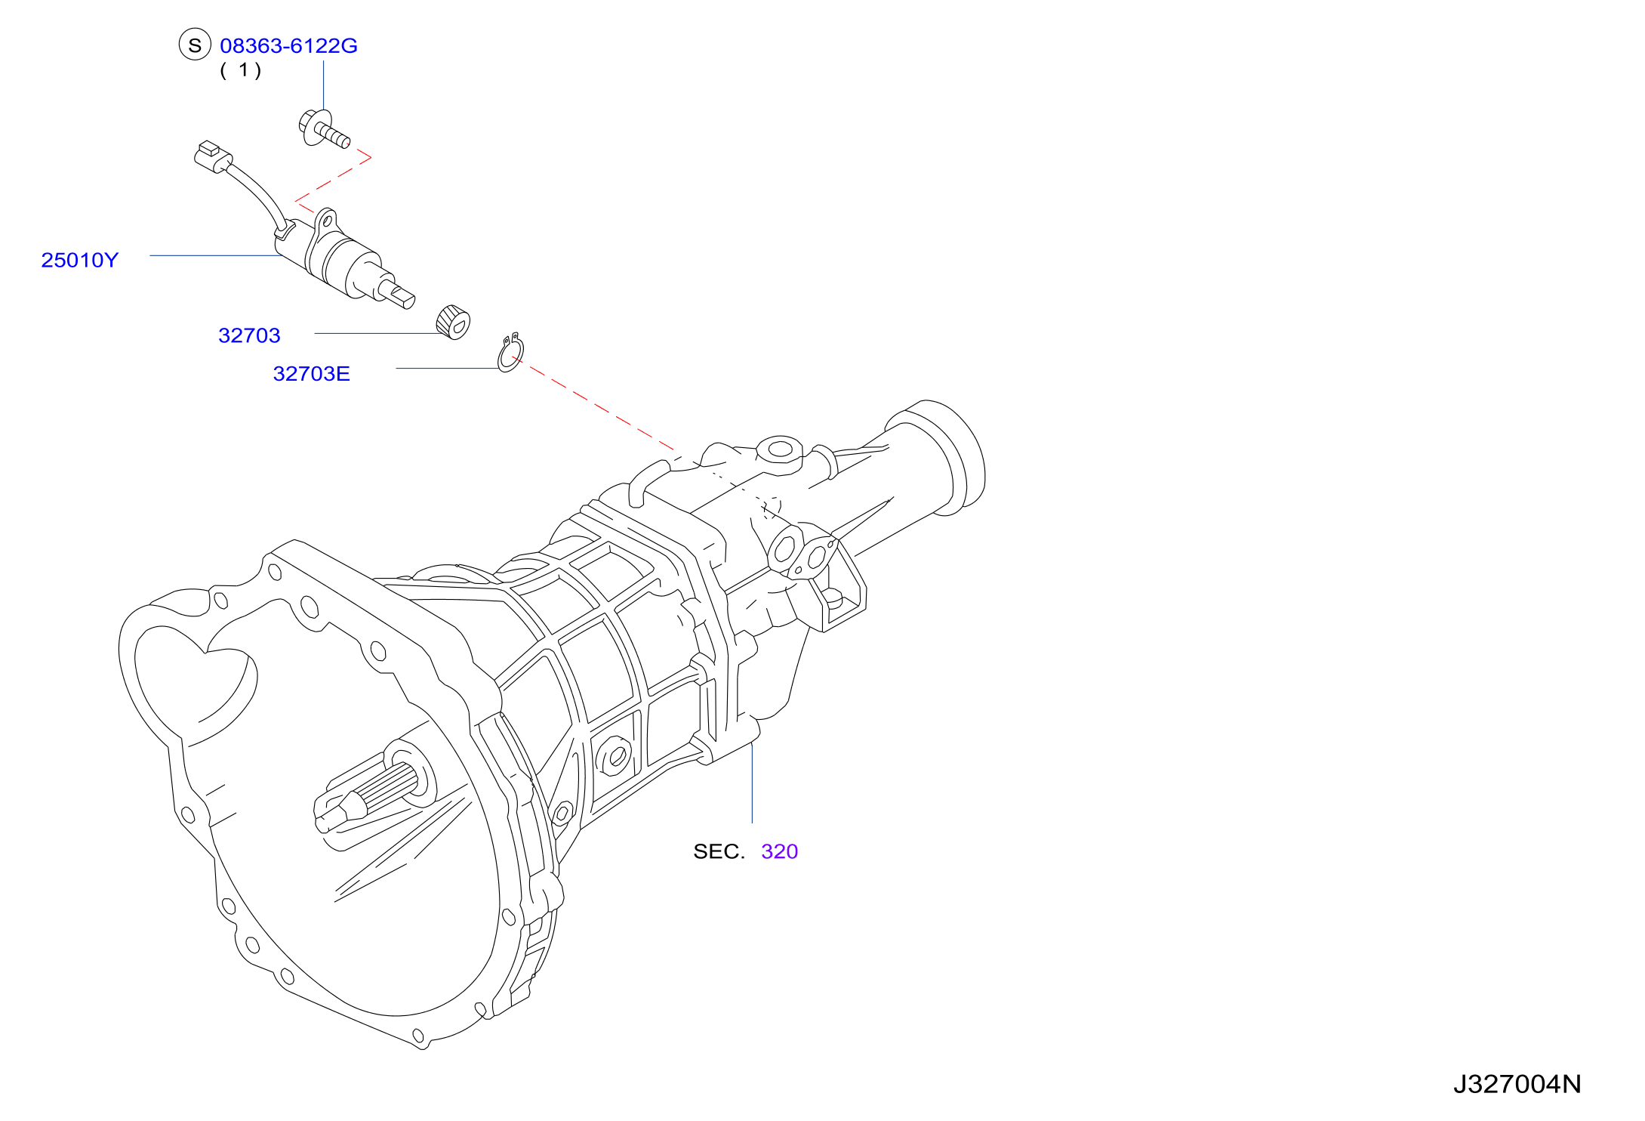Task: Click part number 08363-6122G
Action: pos(288,46)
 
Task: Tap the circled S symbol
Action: pos(195,45)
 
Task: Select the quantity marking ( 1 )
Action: pos(241,70)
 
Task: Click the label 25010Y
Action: pos(80,260)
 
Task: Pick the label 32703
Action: pos(249,335)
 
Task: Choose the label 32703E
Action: pos(311,374)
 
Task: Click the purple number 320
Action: pos(780,851)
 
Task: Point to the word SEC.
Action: pos(719,851)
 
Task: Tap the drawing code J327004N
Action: pos(1517,1085)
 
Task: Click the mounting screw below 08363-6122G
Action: pos(324,129)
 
